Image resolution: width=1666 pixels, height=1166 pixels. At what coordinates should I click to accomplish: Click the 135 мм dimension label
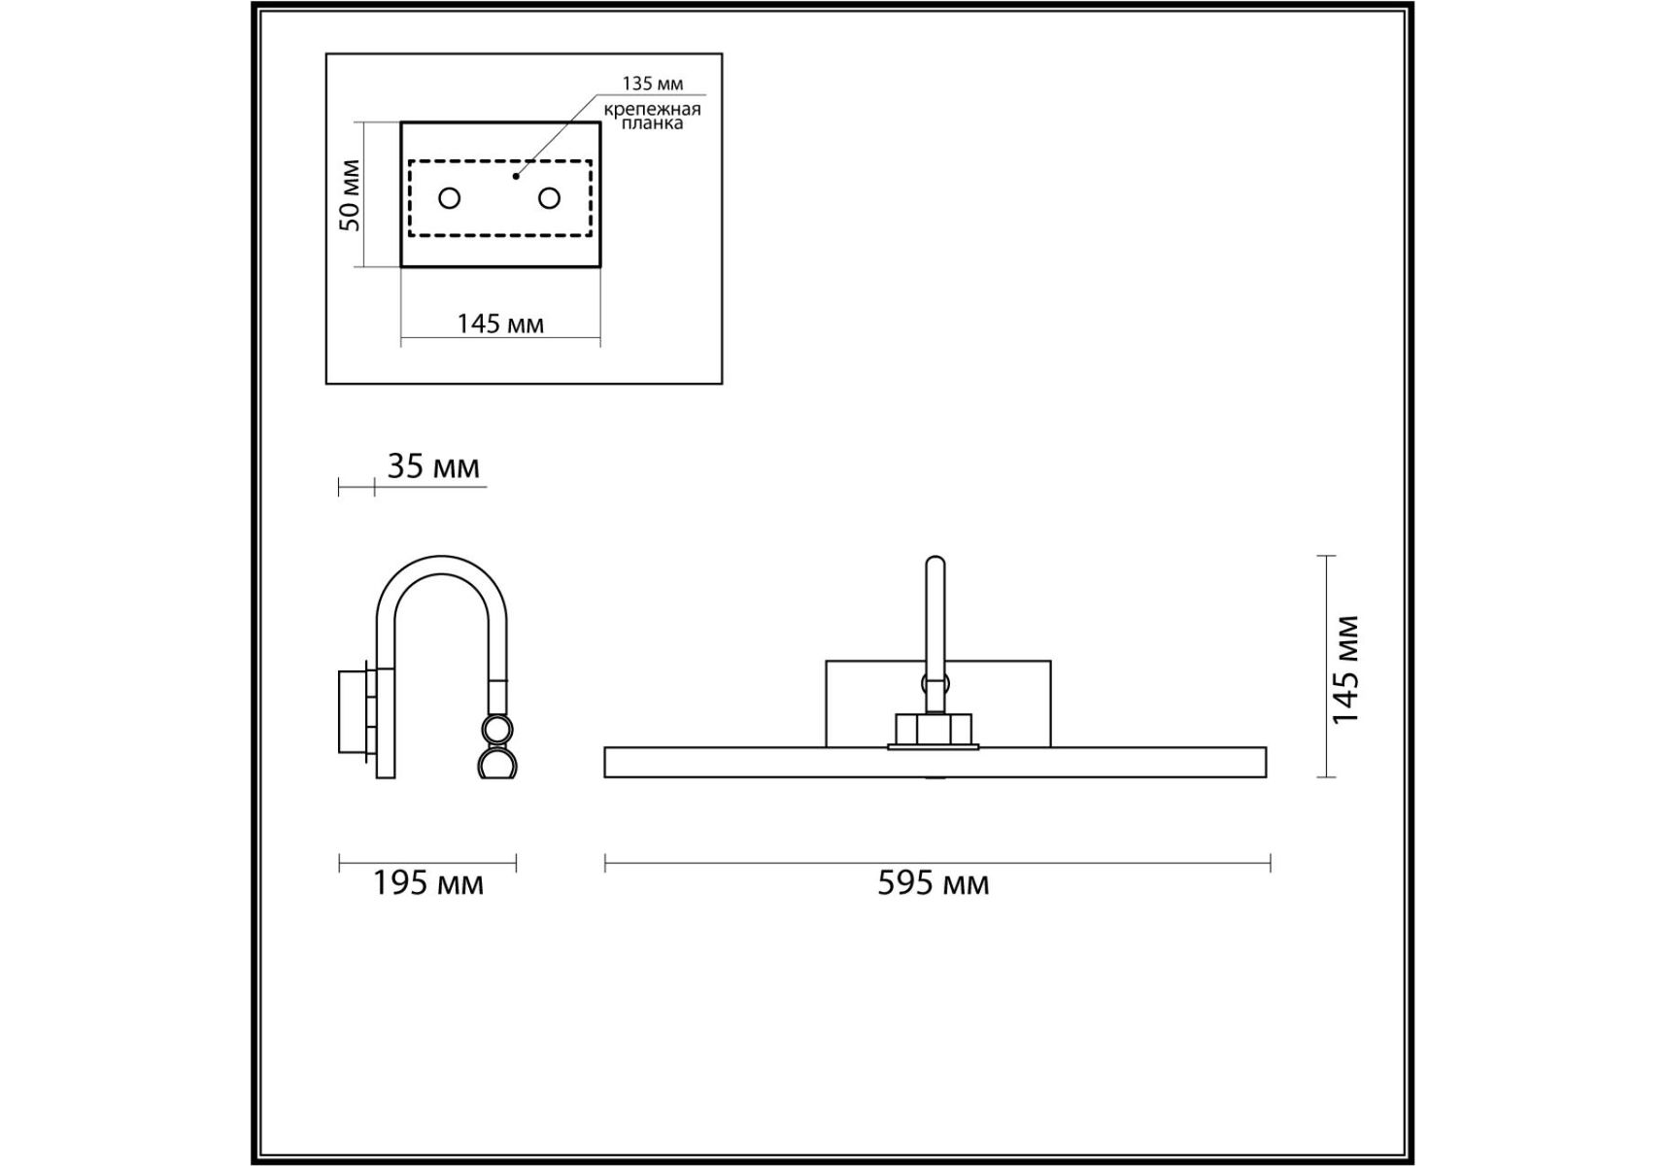point(652,84)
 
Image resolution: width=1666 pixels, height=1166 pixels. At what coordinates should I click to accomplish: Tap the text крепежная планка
point(652,116)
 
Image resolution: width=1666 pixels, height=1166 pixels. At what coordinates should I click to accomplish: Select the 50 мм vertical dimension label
point(350,195)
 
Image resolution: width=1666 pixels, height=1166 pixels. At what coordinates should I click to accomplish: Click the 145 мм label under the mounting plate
point(500,324)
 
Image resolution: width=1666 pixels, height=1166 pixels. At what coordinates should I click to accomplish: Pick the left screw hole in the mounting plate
point(449,198)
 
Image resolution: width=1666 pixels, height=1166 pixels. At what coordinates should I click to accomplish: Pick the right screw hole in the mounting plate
point(549,198)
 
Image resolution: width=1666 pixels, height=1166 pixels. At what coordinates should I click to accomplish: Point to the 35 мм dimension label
point(433,467)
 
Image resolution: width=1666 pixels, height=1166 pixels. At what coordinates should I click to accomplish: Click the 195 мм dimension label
point(428,883)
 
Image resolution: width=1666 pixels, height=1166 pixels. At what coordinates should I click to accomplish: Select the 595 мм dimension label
point(934,883)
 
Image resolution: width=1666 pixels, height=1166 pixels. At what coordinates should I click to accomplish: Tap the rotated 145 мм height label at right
point(1346,669)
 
